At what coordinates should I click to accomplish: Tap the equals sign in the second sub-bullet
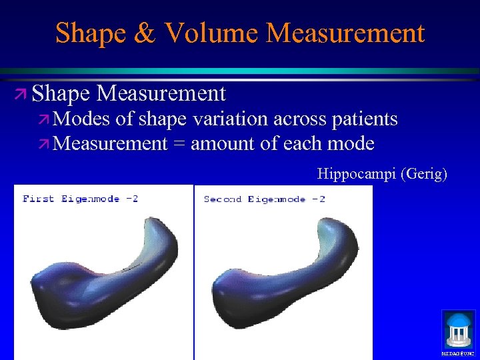click(x=179, y=144)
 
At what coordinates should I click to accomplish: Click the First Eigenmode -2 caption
click(x=80, y=199)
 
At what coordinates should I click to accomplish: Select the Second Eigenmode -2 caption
click(x=264, y=199)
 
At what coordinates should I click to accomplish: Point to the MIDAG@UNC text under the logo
click(x=459, y=353)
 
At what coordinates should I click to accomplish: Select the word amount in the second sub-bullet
click(x=226, y=144)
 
